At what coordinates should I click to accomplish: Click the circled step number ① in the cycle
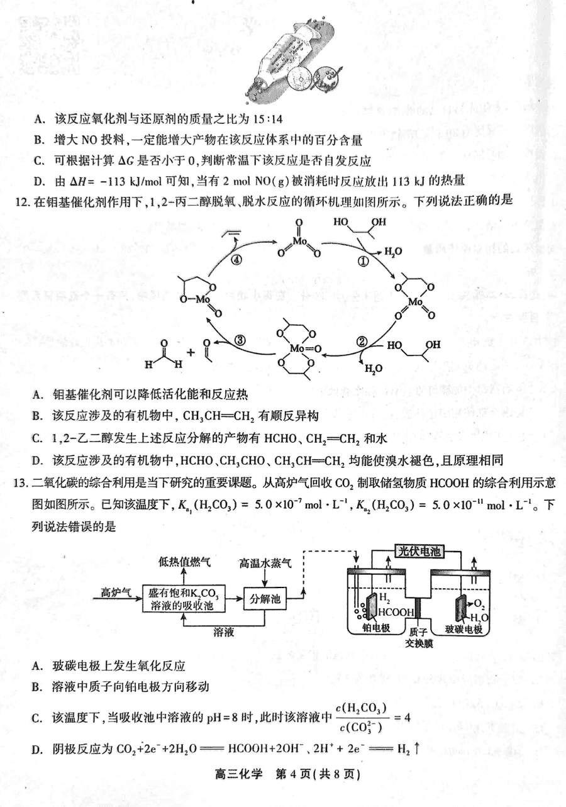[x=363, y=261]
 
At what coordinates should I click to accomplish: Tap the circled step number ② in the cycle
[x=362, y=342]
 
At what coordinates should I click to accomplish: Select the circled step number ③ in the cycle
[x=240, y=340]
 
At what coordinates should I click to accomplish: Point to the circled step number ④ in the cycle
[x=236, y=260]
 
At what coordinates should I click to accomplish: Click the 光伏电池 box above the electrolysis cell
[x=419, y=552]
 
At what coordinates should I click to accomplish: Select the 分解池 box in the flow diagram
[x=265, y=599]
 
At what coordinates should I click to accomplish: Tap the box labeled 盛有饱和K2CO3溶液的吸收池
[x=184, y=599]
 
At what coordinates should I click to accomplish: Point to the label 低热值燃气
[x=184, y=562]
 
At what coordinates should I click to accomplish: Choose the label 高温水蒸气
[x=265, y=563]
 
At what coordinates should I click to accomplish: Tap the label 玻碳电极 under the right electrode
[x=463, y=629]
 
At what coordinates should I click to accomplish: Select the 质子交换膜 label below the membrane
[x=419, y=638]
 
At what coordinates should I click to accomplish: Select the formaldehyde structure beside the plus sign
[x=164, y=355]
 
